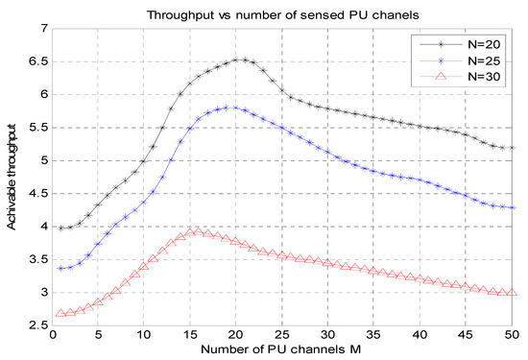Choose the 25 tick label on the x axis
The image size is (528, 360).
click(x=282, y=336)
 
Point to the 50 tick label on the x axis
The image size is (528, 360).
click(x=512, y=336)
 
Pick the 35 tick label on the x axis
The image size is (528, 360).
click(x=374, y=336)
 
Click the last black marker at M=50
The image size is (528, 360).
click(x=512, y=148)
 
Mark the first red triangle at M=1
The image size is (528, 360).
click(x=61, y=313)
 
